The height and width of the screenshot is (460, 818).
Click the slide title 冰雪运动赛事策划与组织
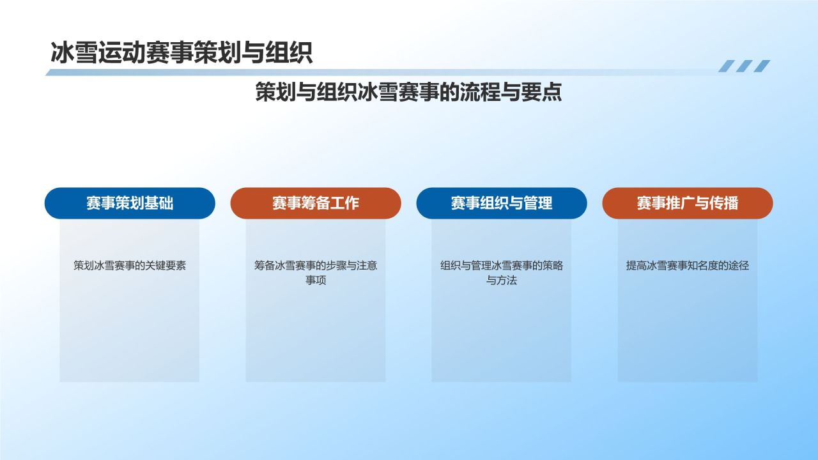click(x=181, y=53)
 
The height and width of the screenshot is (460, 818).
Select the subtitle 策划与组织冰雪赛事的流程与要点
click(x=408, y=92)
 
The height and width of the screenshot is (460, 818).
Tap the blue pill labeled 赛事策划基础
click(x=130, y=203)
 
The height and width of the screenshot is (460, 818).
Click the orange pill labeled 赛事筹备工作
click(x=316, y=203)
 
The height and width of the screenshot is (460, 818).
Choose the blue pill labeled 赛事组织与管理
click(x=501, y=203)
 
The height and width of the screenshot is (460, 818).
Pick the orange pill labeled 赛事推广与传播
click(x=687, y=203)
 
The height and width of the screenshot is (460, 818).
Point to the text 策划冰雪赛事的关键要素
click(x=130, y=265)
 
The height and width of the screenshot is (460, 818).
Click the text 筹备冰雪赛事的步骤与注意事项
click(x=316, y=272)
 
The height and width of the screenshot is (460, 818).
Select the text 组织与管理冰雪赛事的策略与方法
click(x=501, y=272)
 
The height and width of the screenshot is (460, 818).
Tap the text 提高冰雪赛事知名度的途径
click(x=687, y=265)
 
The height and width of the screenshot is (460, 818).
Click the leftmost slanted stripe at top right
click(x=727, y=66)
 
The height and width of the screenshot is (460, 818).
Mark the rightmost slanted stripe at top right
click(x=762, y=66)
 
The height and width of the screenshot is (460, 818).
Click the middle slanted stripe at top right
click(x=744, y=66)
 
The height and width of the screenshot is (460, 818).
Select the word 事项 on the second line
click(x=316, y=280)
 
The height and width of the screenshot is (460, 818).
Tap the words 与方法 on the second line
click(x=501, y=280)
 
